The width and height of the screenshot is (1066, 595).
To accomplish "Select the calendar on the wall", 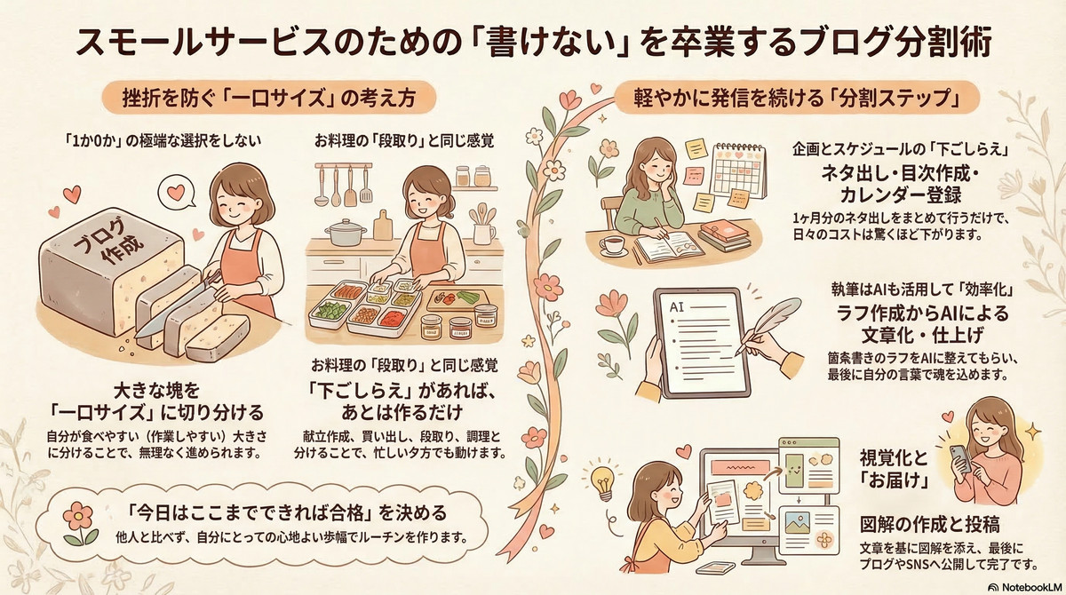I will point(738,169).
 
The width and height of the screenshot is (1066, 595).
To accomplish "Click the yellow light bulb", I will point(606,480).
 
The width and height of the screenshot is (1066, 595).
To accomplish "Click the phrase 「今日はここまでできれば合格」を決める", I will point(286,514).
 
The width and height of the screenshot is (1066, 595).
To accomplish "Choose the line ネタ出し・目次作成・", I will point(899,175).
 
